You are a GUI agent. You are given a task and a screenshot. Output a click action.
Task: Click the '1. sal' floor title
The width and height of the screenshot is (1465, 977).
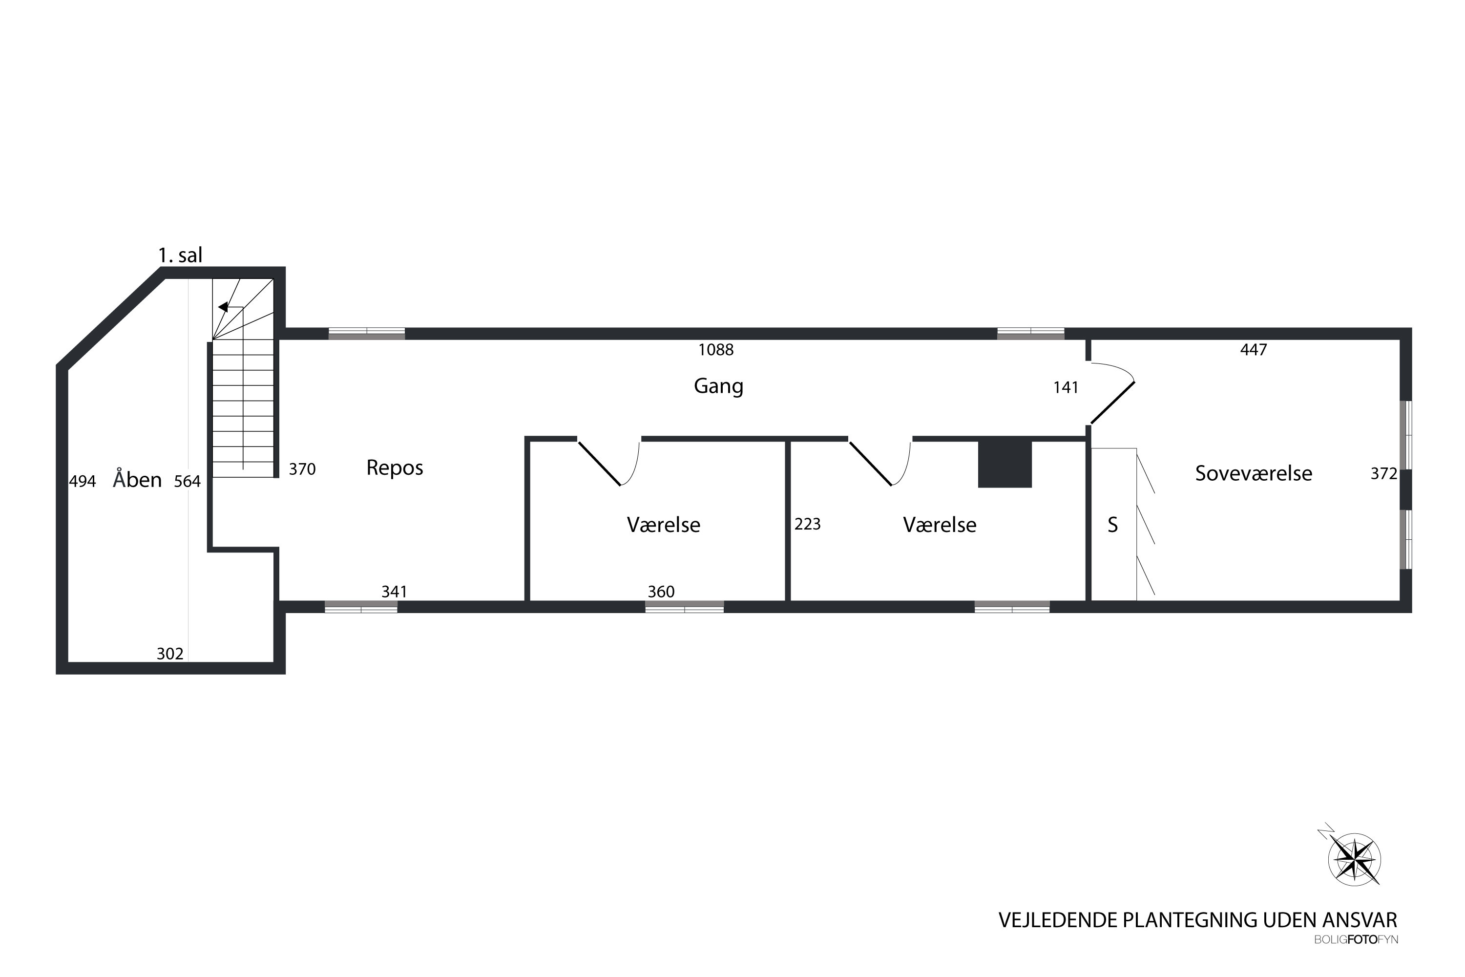pos(180,255)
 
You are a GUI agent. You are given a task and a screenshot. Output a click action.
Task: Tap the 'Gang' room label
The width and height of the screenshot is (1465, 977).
pos(718,386)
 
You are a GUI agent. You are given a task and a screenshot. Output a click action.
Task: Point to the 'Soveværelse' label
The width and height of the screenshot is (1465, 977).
pos(1253,473)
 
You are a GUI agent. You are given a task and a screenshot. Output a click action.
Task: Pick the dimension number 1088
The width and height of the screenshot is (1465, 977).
pos(716,350)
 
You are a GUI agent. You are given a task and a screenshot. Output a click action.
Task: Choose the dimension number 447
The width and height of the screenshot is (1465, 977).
pos(1253,350)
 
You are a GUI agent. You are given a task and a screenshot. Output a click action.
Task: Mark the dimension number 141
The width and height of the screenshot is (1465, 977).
pos(1065,387)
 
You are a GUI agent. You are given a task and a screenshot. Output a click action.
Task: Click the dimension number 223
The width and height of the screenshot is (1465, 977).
pos(807,524)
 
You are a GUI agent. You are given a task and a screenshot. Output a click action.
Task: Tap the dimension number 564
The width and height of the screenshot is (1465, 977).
pos(187,481)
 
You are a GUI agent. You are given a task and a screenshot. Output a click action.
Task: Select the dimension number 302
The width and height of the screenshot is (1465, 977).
pos(169,654)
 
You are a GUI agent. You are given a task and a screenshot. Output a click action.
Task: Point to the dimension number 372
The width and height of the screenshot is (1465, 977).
pos(1383,473)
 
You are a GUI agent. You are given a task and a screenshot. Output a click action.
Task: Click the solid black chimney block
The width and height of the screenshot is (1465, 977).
pos(1005,464)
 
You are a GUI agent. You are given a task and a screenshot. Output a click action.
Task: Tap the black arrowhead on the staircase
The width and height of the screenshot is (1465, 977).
pos(222,307)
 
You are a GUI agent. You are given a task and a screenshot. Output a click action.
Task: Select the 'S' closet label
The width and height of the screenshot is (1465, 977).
pos(1112,525)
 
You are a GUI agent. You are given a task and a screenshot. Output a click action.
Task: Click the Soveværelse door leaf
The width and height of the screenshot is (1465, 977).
pos(1112,403)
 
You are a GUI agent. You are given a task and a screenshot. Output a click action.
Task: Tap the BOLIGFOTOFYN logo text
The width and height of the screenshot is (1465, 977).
pos(1356,939)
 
